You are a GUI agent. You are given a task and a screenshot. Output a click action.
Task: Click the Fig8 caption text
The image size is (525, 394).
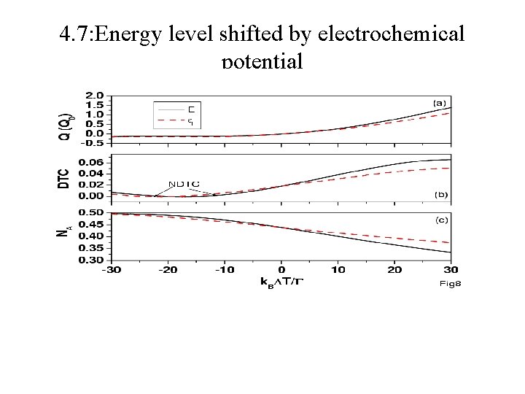tap(450, 284)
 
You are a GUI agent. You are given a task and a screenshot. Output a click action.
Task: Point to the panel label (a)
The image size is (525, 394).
tap(440, 104)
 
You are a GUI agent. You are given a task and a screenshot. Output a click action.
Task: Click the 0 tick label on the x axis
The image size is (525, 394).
tap(281, 270)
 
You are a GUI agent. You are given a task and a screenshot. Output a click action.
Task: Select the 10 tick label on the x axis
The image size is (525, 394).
tap(338, 270)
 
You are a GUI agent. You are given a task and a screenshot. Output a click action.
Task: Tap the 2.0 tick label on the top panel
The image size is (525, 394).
tap(94, 96)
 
